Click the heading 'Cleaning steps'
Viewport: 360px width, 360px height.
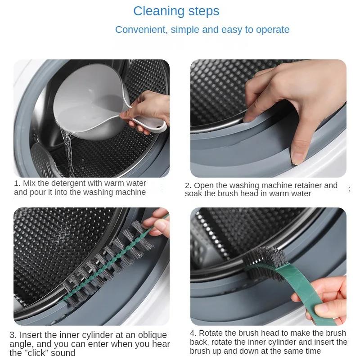[x=176, y=11]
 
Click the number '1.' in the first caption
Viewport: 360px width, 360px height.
[x=17, y=183]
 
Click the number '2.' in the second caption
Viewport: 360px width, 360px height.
[x=188, y=185]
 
